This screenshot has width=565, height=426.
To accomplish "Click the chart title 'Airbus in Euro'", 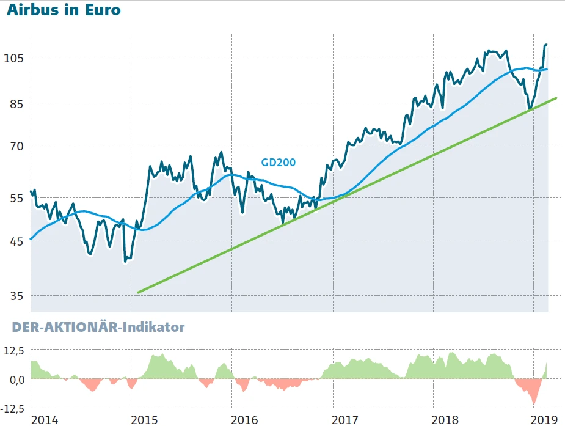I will tap(64, 11).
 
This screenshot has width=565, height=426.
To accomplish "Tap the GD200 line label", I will tap(279, 163).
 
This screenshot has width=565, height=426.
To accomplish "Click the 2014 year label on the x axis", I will tap(45, 419).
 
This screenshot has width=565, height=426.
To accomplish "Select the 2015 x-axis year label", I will tap(145, 419).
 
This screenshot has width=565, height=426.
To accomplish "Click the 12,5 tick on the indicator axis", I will tap(14, 350).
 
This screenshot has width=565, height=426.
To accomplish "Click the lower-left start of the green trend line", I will tap(138, 293).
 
